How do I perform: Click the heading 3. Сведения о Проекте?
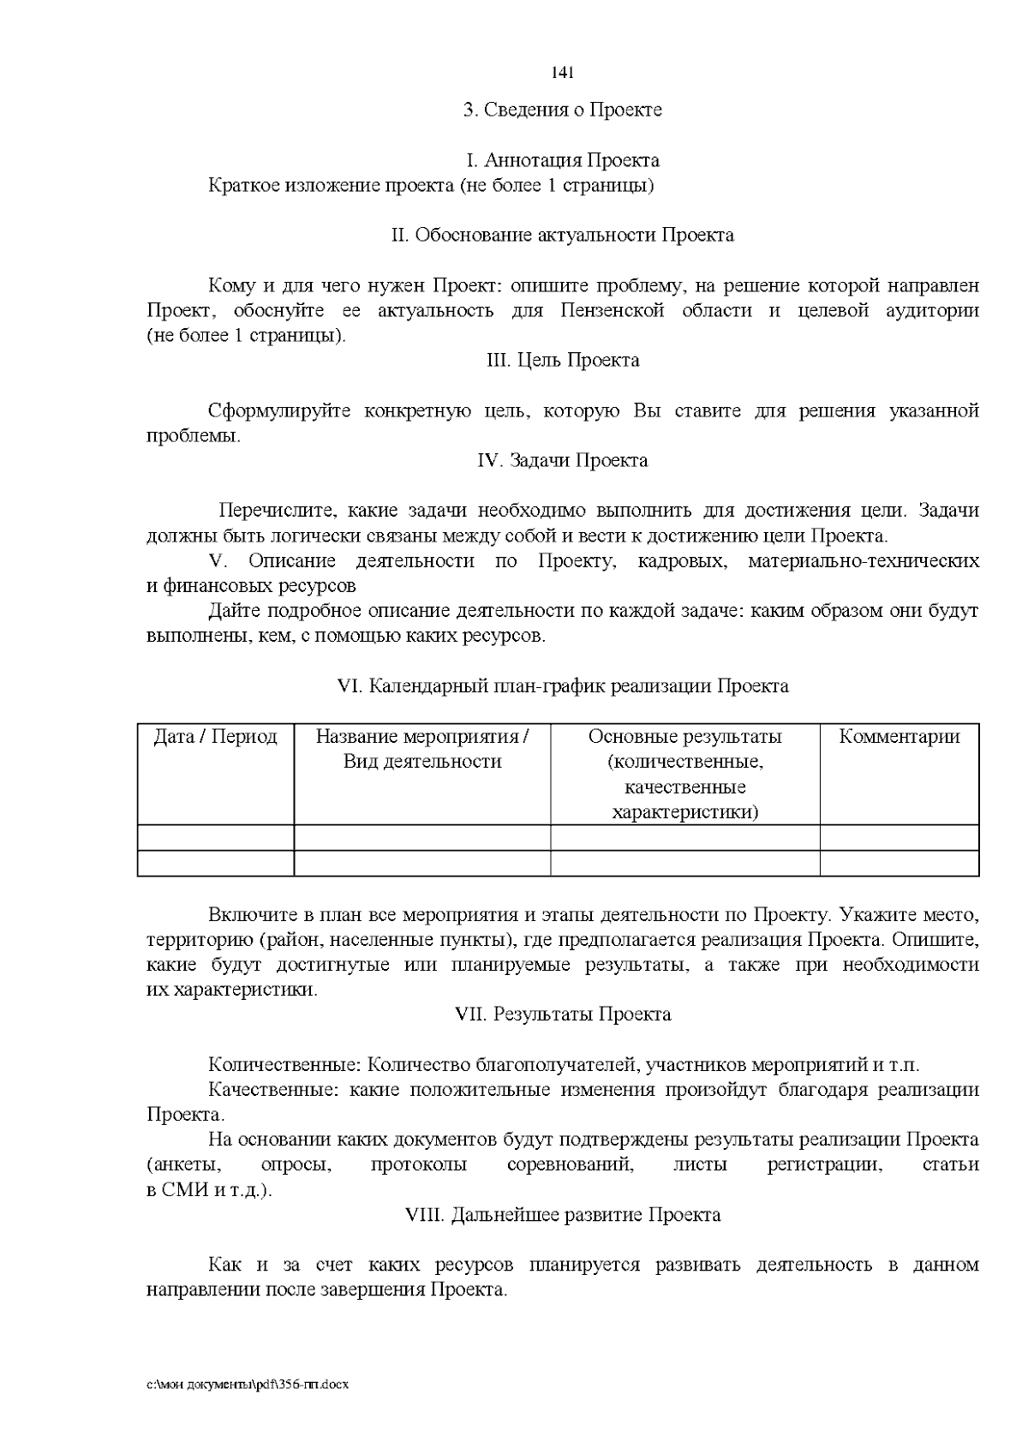pyautogui.click(x=562, y=111)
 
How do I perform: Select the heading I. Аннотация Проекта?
pyautogui.click(x=562, y=161)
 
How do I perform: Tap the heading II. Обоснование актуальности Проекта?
pyautogui.click(x=562, y=236)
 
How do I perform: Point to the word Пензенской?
pyautogui.click(x=612, y=310)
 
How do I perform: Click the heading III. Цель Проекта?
pyautogui.click(x=562, y=361)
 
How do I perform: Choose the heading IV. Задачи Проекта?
pyautogui.click(x=562, y=461)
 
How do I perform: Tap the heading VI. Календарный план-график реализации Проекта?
pyautogui.click(x=562, y=687)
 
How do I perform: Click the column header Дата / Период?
pyautogui.click(x=215, y=738)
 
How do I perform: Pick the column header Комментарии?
pyautogui.click(x=899, y=738)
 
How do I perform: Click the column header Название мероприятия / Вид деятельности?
pyautogui.click(x=422, y=750)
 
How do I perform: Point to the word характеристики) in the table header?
pyautogui.click(x=685, y=812)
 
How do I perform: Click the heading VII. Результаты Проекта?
pyautogui.click(x=562, y=1015)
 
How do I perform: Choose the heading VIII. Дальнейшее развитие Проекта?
pyautogui.click(x=562, y=1216)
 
